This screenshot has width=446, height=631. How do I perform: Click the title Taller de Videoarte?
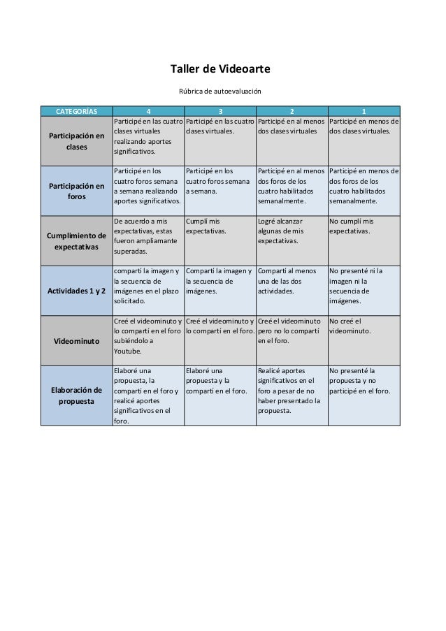point(220,69)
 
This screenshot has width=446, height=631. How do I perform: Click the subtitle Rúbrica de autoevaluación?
point(220,92)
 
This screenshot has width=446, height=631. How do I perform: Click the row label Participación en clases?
point(76,141)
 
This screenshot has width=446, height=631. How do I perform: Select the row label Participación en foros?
point(76,191)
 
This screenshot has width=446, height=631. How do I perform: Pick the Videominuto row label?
point(76,340)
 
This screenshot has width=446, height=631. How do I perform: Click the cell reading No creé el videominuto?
point(350,326)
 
